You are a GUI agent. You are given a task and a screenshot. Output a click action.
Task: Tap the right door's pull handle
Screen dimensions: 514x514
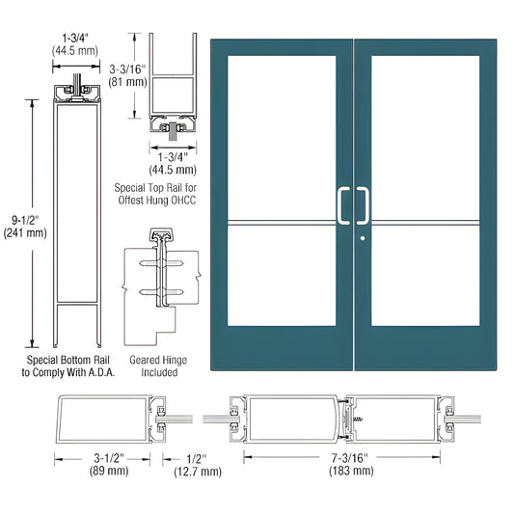pos(365,205)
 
